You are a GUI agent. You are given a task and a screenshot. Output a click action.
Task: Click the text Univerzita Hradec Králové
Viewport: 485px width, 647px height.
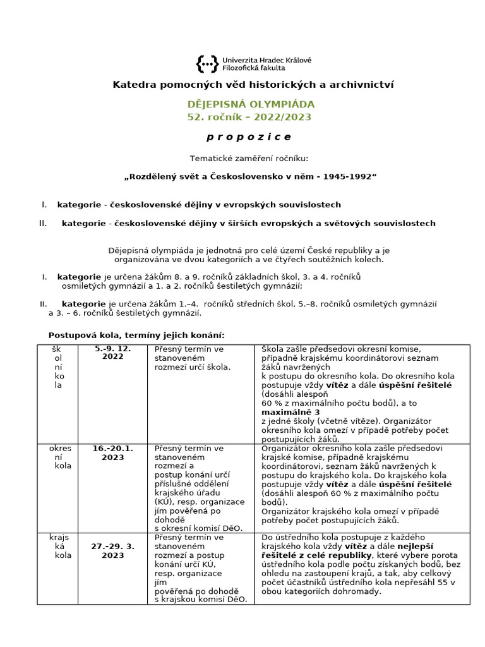266,59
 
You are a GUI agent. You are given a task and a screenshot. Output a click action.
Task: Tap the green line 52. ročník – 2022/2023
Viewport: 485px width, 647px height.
249,117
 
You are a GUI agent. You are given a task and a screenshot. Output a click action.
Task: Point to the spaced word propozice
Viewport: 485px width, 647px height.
249,137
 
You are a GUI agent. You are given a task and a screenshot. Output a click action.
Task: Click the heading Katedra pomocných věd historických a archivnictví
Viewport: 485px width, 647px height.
253,85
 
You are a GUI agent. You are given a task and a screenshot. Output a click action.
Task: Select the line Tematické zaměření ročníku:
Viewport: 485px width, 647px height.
249,158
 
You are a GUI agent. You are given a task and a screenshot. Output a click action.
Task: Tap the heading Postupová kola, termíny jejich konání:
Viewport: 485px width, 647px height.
136,334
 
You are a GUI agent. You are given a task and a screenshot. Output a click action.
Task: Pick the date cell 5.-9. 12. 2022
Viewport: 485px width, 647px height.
114,353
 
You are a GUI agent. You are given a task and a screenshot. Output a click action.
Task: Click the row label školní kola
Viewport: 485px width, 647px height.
57,366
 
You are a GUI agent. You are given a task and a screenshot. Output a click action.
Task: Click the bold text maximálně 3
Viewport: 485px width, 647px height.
285,412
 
